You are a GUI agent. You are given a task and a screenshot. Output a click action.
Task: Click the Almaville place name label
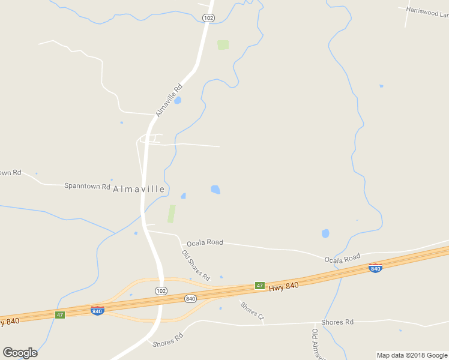(x=139, y=189)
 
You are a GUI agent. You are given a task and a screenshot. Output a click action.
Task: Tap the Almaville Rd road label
(x=168, y=100)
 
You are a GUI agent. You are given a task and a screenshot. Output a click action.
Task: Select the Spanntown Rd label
(x=87, y=186)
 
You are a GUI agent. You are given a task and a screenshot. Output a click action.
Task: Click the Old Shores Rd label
(x=196, y=265)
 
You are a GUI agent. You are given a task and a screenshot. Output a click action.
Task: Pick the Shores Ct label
(x=252, y=310)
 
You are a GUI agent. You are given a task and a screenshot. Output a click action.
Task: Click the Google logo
(x=20, y=352)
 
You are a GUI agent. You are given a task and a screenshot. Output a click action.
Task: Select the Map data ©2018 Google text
(x=412, y=355)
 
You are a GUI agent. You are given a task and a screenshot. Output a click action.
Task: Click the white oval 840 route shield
(x=190, y=298)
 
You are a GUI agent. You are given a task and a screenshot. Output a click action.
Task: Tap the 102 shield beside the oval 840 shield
(x=160, y=291)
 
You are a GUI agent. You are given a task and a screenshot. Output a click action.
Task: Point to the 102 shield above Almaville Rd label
(x=208, y=19)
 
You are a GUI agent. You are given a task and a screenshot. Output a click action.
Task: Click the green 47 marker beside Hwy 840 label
(x=259, y=286)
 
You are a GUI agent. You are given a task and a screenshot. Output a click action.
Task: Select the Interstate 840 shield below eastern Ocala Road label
(x=375, y=268)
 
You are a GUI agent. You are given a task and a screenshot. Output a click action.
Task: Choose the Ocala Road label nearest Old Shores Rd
(x=205, y=243)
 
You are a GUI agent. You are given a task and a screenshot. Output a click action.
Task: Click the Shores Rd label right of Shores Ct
(x=337, y=322)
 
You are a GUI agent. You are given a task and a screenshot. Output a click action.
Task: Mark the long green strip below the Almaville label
(x=172, y=214)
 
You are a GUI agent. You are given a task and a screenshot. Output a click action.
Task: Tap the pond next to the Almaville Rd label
(x=178, y=100)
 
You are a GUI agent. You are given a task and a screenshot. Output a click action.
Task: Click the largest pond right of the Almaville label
(x=215, y=190)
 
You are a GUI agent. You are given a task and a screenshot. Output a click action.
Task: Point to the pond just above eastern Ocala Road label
(x=325, y=233)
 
